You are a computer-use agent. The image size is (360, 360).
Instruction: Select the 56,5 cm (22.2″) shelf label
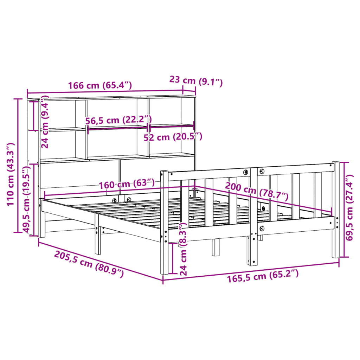point(118,120)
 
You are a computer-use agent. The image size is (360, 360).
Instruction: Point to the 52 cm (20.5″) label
point(173,137)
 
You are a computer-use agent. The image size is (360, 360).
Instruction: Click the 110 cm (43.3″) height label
point(10,174)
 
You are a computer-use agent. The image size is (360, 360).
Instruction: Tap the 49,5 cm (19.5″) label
point(28,199)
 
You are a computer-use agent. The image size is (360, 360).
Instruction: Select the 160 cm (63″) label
point(127,184)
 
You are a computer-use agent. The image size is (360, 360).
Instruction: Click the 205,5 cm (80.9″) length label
point(89,264)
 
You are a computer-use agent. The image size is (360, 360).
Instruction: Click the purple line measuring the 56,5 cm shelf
point(117,128)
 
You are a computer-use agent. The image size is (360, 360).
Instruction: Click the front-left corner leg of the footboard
point(164,225)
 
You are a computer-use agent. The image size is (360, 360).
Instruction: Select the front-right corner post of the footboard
point(335,211)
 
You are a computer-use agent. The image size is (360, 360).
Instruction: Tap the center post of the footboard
point(253,218)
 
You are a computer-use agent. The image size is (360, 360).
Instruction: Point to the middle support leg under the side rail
point(97,239)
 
